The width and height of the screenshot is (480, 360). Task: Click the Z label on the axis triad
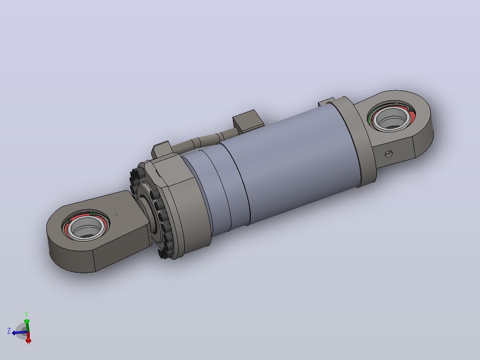(9, 331)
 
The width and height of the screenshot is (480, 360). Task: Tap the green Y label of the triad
(26, 315)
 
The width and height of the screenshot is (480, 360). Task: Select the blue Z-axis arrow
(19, 332)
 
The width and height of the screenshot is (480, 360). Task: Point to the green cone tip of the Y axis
(27, 321)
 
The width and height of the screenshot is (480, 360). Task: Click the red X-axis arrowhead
(28, 340)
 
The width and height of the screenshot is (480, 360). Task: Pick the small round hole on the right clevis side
(389, 153)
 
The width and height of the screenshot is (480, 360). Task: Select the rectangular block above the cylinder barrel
(248, 121)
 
